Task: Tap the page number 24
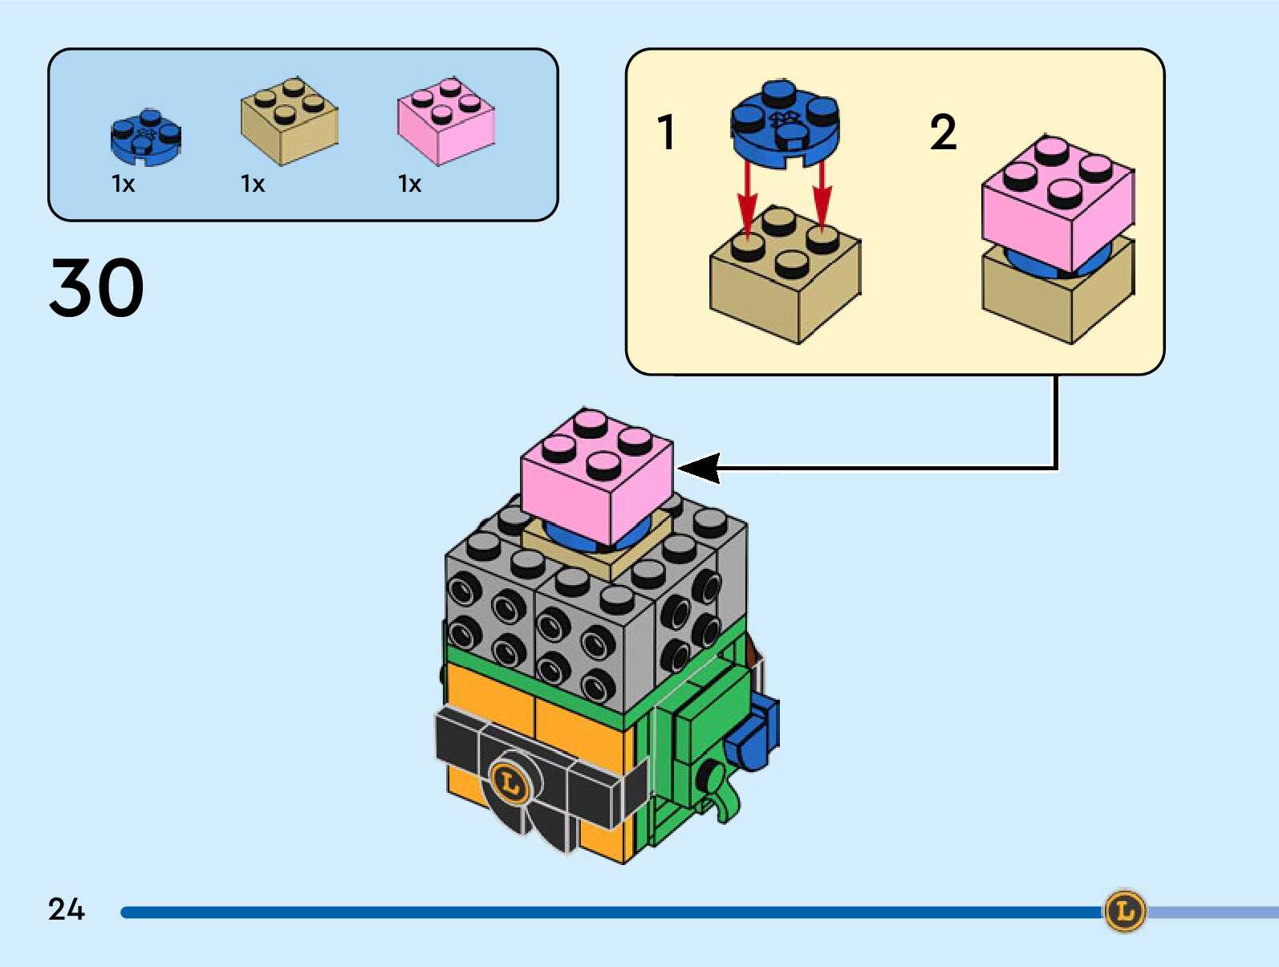[66, 909]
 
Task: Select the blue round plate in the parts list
[145, 137]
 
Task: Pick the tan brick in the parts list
[289, 122]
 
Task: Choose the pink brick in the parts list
[445, 122]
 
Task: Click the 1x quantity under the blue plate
[123, 185]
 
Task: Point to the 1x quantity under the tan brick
[253, 185]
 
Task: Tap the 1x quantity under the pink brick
[409, 185]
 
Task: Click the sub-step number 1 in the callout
[666, 132]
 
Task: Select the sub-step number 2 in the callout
[944, 132]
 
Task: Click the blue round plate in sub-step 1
[785, 124]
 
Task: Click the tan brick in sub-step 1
[784, 277]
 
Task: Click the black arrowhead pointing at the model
[698, 468]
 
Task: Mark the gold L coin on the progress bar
[1125, 911]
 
